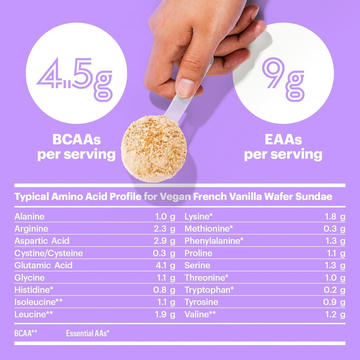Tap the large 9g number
(x=283, y=78)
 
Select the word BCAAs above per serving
(x=76, y=140)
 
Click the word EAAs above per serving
(x=283, y=140)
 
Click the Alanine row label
(x=30, y=217)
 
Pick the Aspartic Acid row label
(x=42, y=241)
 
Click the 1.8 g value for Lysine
(x=335, y=217)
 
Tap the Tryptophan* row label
(x=209, y=290)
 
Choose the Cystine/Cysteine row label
(x=49, y=253)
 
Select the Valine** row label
(x=200, y=314)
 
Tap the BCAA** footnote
(x=26, y=333)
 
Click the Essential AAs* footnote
(x=88, y=333)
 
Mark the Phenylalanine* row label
(x=214, y=241)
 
